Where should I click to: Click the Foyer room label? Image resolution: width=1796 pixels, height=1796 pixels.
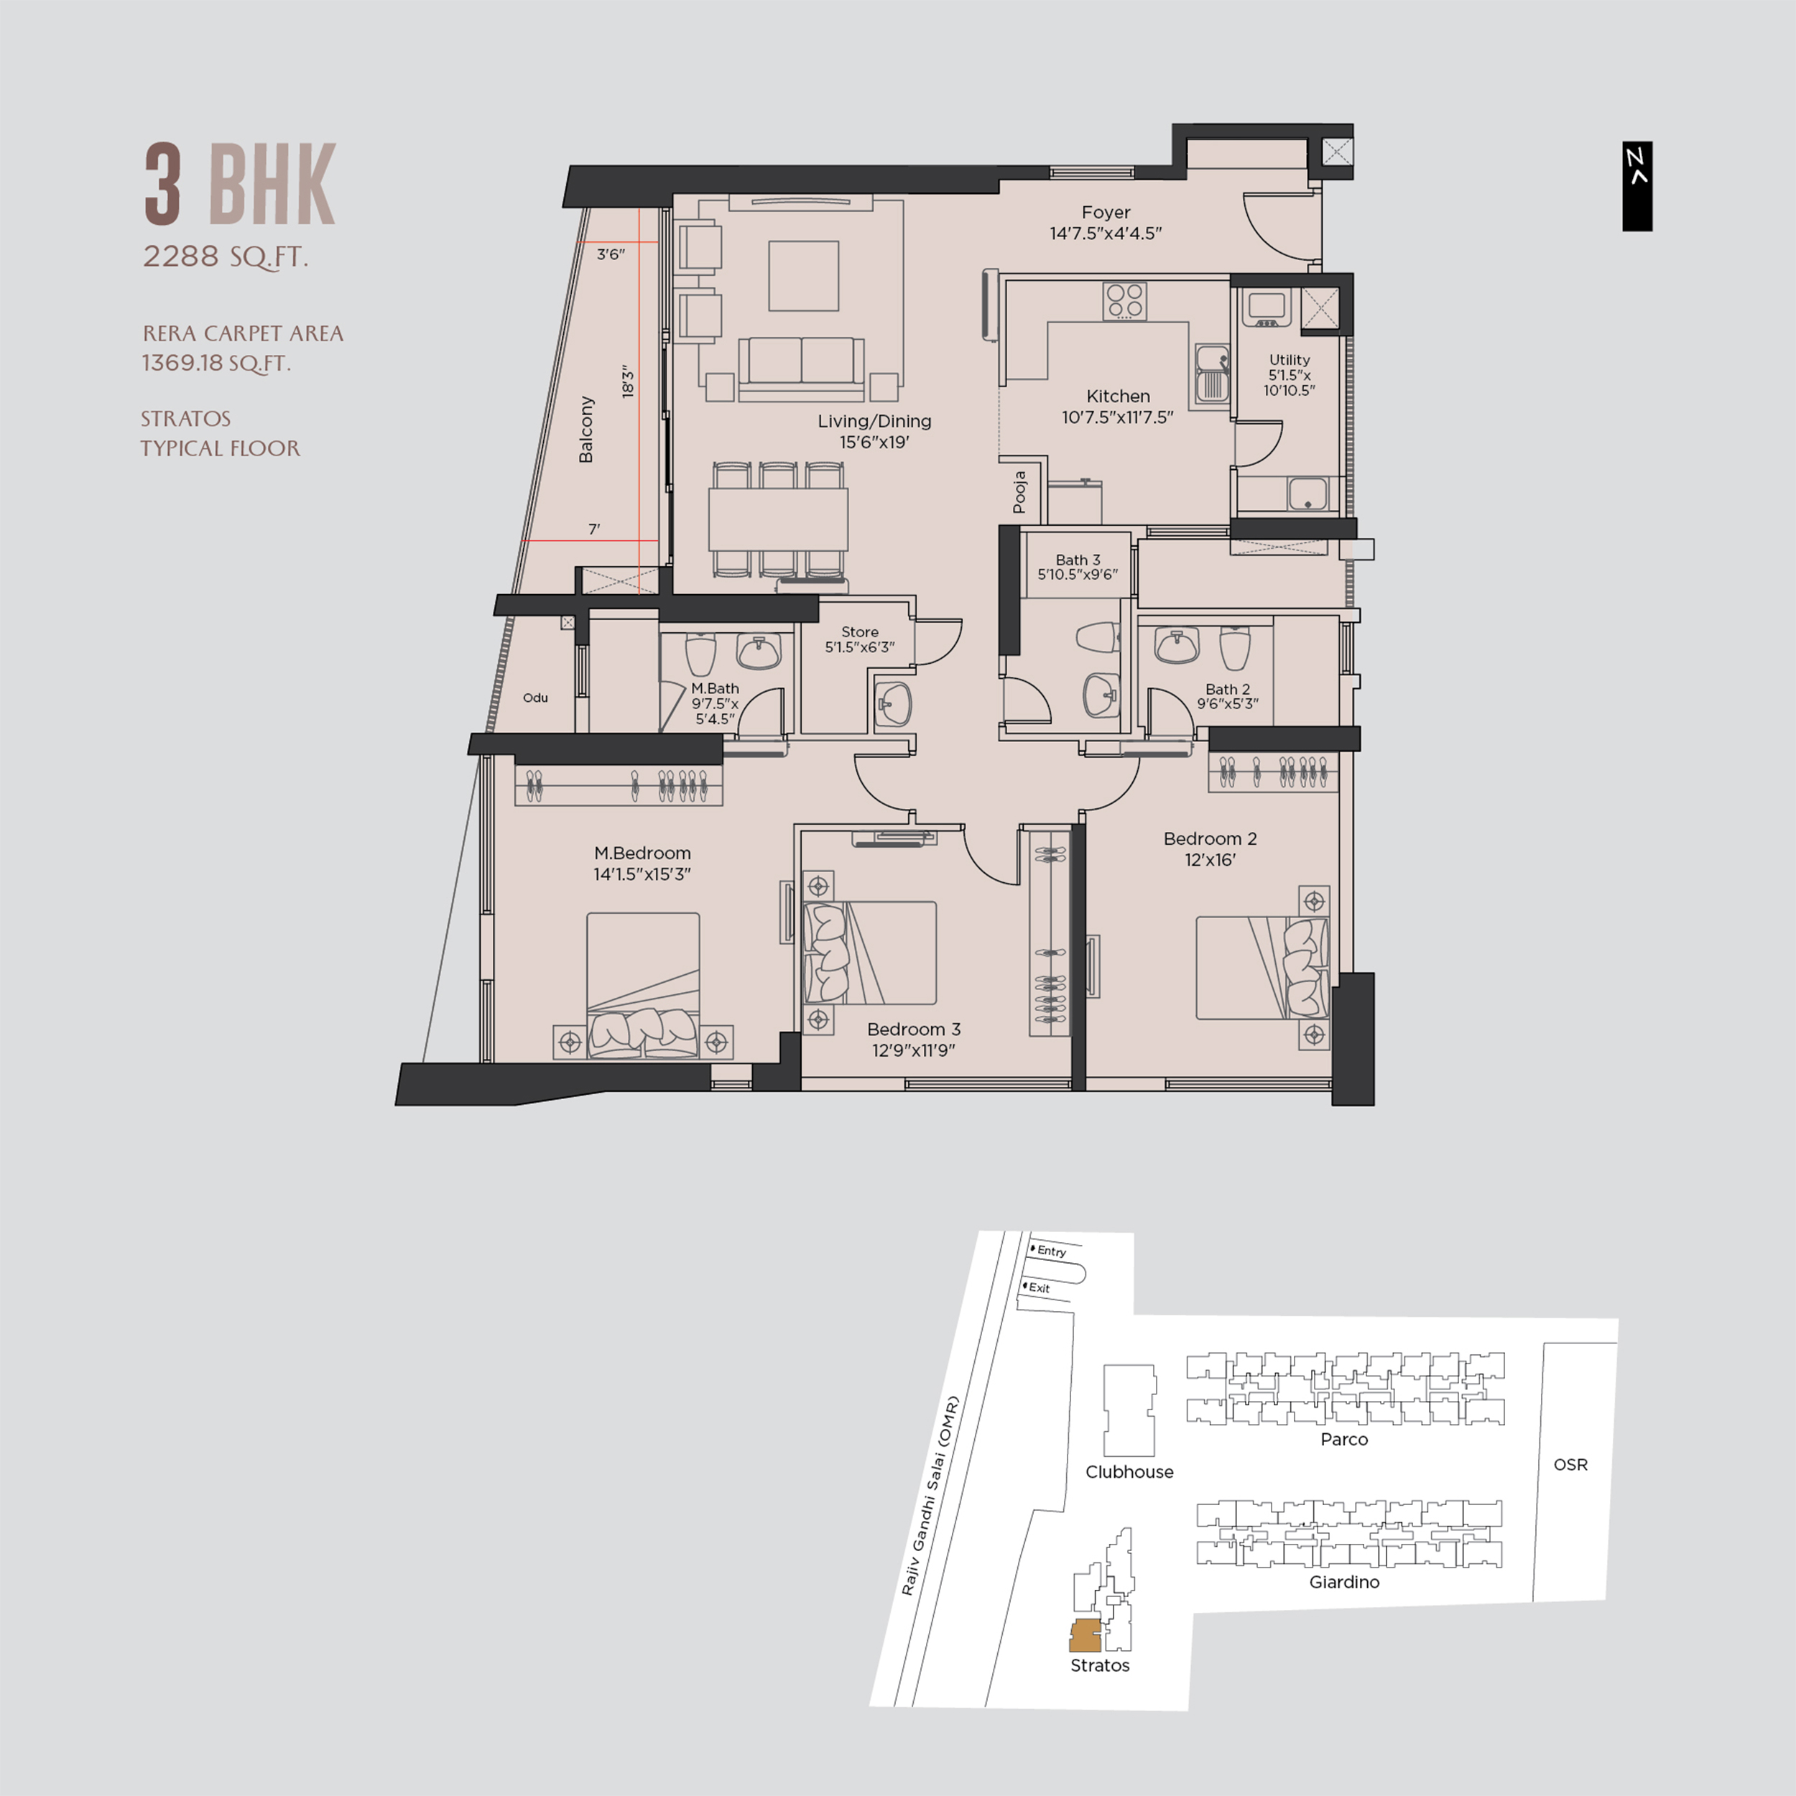[x=1106, y=212]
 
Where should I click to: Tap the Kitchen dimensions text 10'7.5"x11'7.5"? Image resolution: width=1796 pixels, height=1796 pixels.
[x=1117, y=418]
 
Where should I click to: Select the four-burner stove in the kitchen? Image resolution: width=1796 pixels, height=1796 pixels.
[x=1125, y=300]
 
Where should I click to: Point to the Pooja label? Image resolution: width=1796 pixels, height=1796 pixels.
[x=1020, y=492]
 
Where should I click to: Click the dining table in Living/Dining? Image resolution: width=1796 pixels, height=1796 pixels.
[x=778, y=519]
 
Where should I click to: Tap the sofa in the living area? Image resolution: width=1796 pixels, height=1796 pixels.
[x=800, y=363]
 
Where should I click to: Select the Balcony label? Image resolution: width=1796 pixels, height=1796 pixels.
[x=585, y=430]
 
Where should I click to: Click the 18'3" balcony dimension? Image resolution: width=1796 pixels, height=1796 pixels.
[x=629, y=382]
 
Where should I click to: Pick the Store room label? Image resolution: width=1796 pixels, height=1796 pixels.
[x=859, y=631]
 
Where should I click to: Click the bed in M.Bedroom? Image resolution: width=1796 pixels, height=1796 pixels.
[x=642, y=986]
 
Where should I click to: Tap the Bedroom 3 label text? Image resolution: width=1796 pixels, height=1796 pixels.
[x=913, y=1029]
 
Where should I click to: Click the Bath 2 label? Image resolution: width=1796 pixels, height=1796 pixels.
[x=1227, y=689]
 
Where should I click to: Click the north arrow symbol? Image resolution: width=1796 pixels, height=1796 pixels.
[x=1637, y=186]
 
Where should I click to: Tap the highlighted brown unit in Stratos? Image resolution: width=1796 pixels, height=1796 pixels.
[x=1084, y=1635]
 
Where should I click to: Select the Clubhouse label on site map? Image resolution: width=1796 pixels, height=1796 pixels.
[x=1129, y=1471]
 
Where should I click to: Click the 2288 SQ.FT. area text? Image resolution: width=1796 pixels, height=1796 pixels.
[x=225, y=256]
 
